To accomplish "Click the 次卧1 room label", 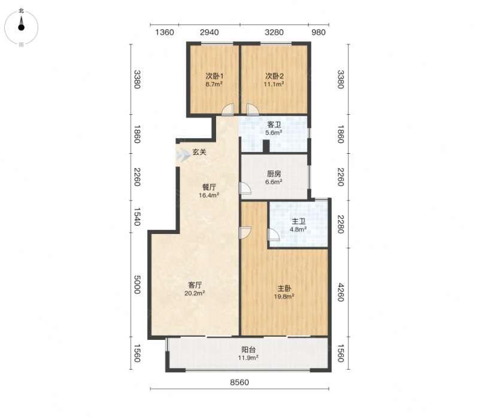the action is point(214,76).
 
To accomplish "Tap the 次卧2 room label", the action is point(274,76).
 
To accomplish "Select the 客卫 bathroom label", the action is point(274,124).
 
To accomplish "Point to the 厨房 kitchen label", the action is point(274,174).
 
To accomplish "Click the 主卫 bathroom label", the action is point(298,221).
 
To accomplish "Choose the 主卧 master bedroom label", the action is point(284,288).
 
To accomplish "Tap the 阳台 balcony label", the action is point(248,349).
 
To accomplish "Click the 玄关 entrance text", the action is point(199,152).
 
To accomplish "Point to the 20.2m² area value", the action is point(195,293).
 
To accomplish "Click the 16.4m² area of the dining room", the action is point(209,196).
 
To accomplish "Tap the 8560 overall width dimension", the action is point(239,382).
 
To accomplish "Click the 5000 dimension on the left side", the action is point(138,285).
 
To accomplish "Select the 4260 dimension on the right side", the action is point(341,293).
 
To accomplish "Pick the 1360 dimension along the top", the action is point(165,32).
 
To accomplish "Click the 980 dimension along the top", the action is point(319,32).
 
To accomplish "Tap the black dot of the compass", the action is point(21,28).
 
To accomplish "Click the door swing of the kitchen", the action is point(245,188).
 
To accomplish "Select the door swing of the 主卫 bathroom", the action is point(274,235).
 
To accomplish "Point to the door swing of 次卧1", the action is point(228,109).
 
